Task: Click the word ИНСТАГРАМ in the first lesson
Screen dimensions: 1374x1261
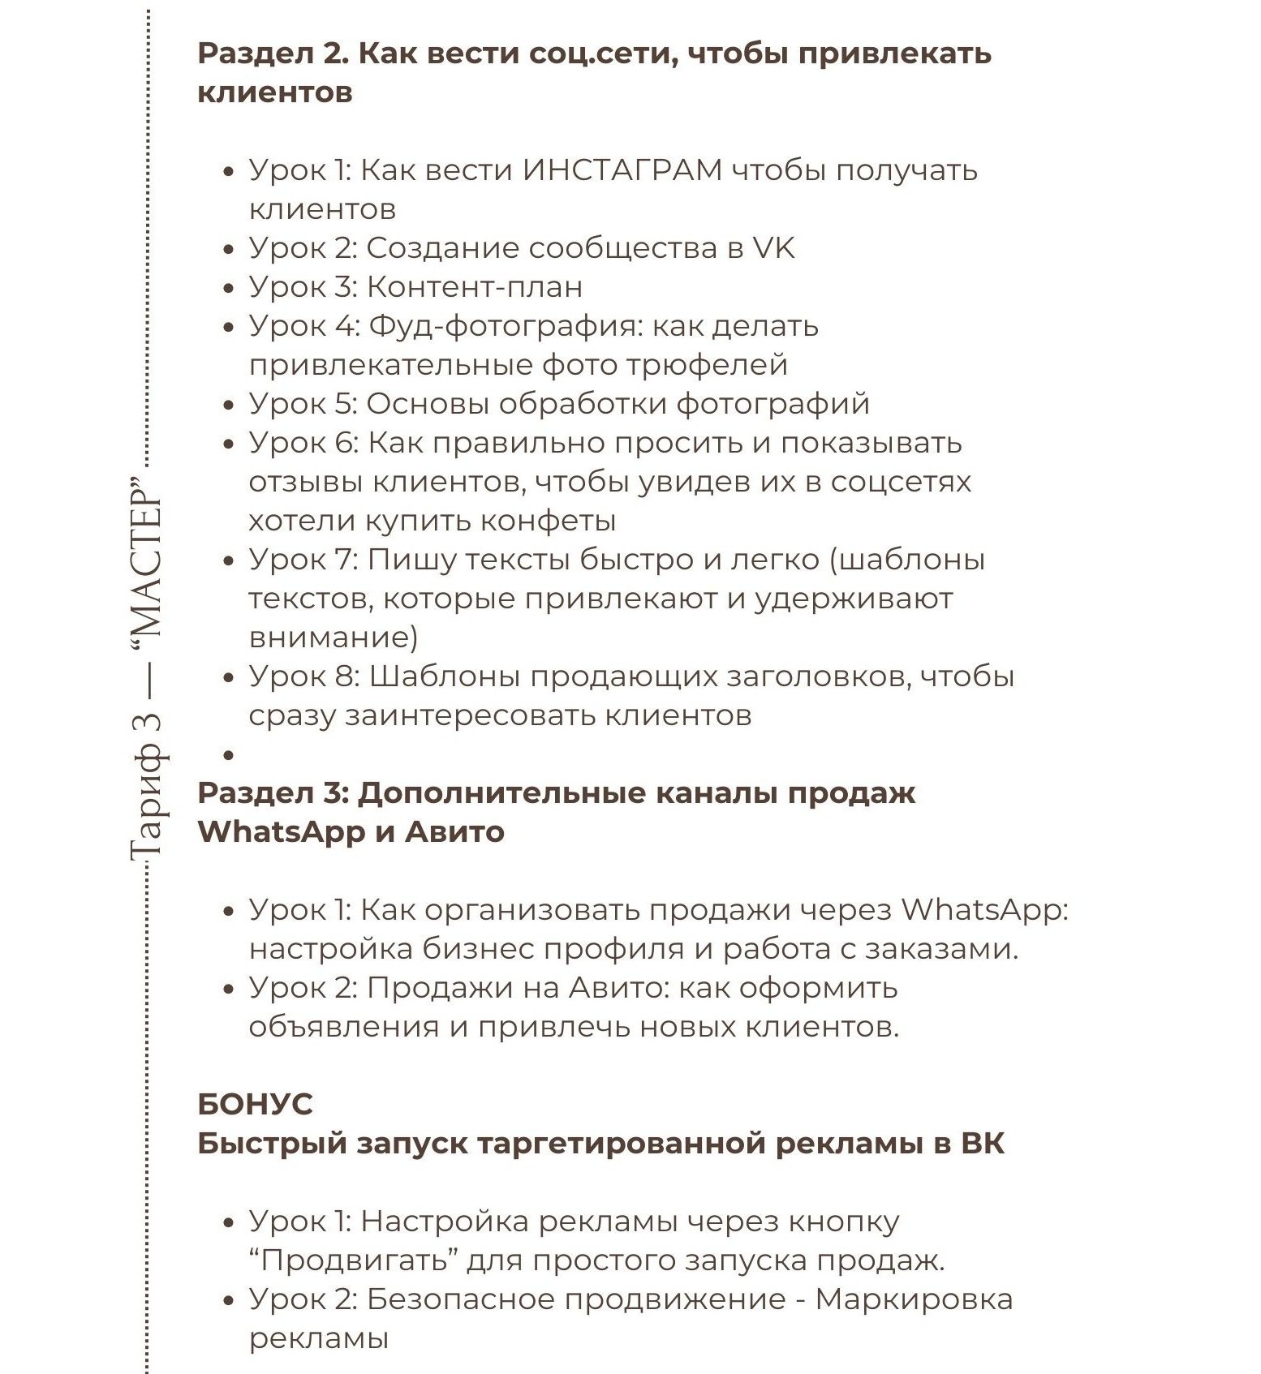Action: [x=622, y=170]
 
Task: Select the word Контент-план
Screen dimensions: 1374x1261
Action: [x=475, y=287]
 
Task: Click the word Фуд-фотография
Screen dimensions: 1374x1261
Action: [x=505, y=326]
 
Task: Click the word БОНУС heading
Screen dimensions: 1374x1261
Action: [x=255, y=1105]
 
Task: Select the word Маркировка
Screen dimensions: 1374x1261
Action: [x=914, y=1299]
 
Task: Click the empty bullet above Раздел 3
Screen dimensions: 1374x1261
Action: [x=229, y=755]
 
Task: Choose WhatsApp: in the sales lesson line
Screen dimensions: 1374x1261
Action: [x=984, y=910]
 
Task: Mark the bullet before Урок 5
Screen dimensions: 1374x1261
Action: [x=229, y=405]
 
